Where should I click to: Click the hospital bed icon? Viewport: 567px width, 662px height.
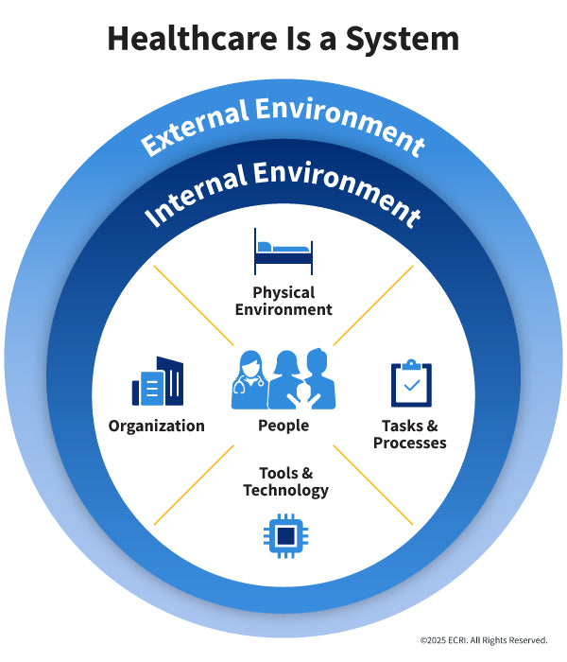click(283, 251)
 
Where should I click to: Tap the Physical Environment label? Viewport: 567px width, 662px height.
click(283, 301)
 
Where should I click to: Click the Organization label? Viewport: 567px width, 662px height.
click(157, 426)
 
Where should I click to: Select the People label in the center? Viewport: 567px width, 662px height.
click(283, 426)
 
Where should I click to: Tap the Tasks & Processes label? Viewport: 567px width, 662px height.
click(410, 434)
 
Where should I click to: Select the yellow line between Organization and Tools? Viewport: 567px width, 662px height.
click(193, 484)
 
